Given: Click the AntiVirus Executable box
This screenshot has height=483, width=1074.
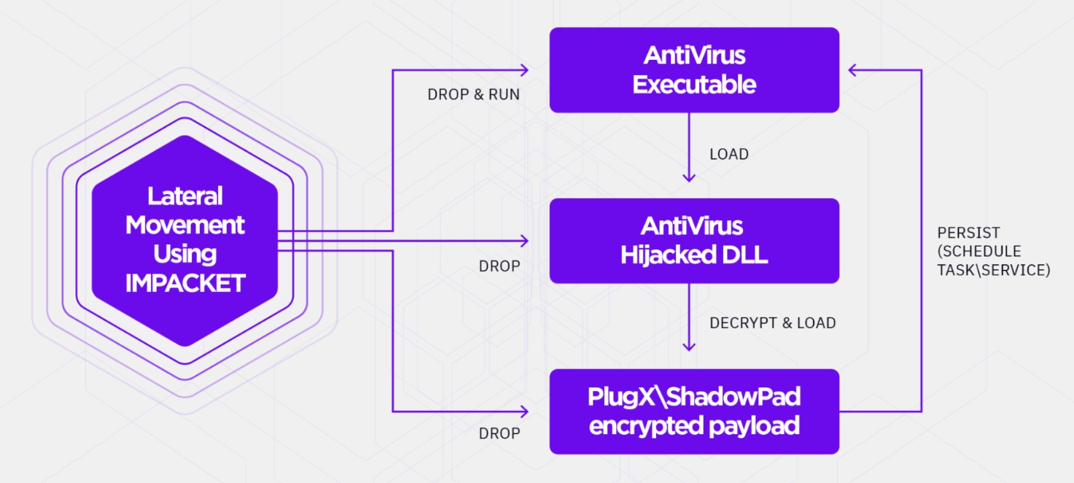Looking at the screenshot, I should [693, 70].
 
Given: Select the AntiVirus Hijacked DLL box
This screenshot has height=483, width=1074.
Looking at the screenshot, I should [693, 241].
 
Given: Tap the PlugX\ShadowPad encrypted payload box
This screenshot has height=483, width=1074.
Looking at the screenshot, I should [693, 411].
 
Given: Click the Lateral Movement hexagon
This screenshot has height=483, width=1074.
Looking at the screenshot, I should [184, 241].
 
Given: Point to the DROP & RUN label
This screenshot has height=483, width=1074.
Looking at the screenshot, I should [473, 95].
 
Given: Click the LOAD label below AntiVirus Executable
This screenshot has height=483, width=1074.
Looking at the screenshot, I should [728, 155].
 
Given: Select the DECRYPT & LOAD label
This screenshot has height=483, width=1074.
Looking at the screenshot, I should [772, 322].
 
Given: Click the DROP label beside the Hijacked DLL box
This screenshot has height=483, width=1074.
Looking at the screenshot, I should [499, 266].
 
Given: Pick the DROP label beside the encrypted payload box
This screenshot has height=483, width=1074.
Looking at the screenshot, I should [499, 433].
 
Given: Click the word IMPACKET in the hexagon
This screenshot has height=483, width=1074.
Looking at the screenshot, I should [184, 283].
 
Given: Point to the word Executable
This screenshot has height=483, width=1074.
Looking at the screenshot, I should [693, 85].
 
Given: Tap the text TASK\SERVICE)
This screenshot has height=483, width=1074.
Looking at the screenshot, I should [993, 270].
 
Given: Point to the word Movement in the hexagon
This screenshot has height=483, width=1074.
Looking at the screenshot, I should [184, 225].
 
